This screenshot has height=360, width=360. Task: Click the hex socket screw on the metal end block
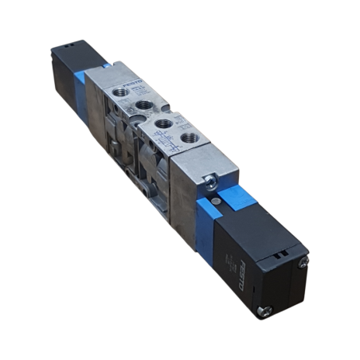tap(209, 181)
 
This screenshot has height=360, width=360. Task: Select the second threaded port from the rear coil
tap(144, 104)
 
